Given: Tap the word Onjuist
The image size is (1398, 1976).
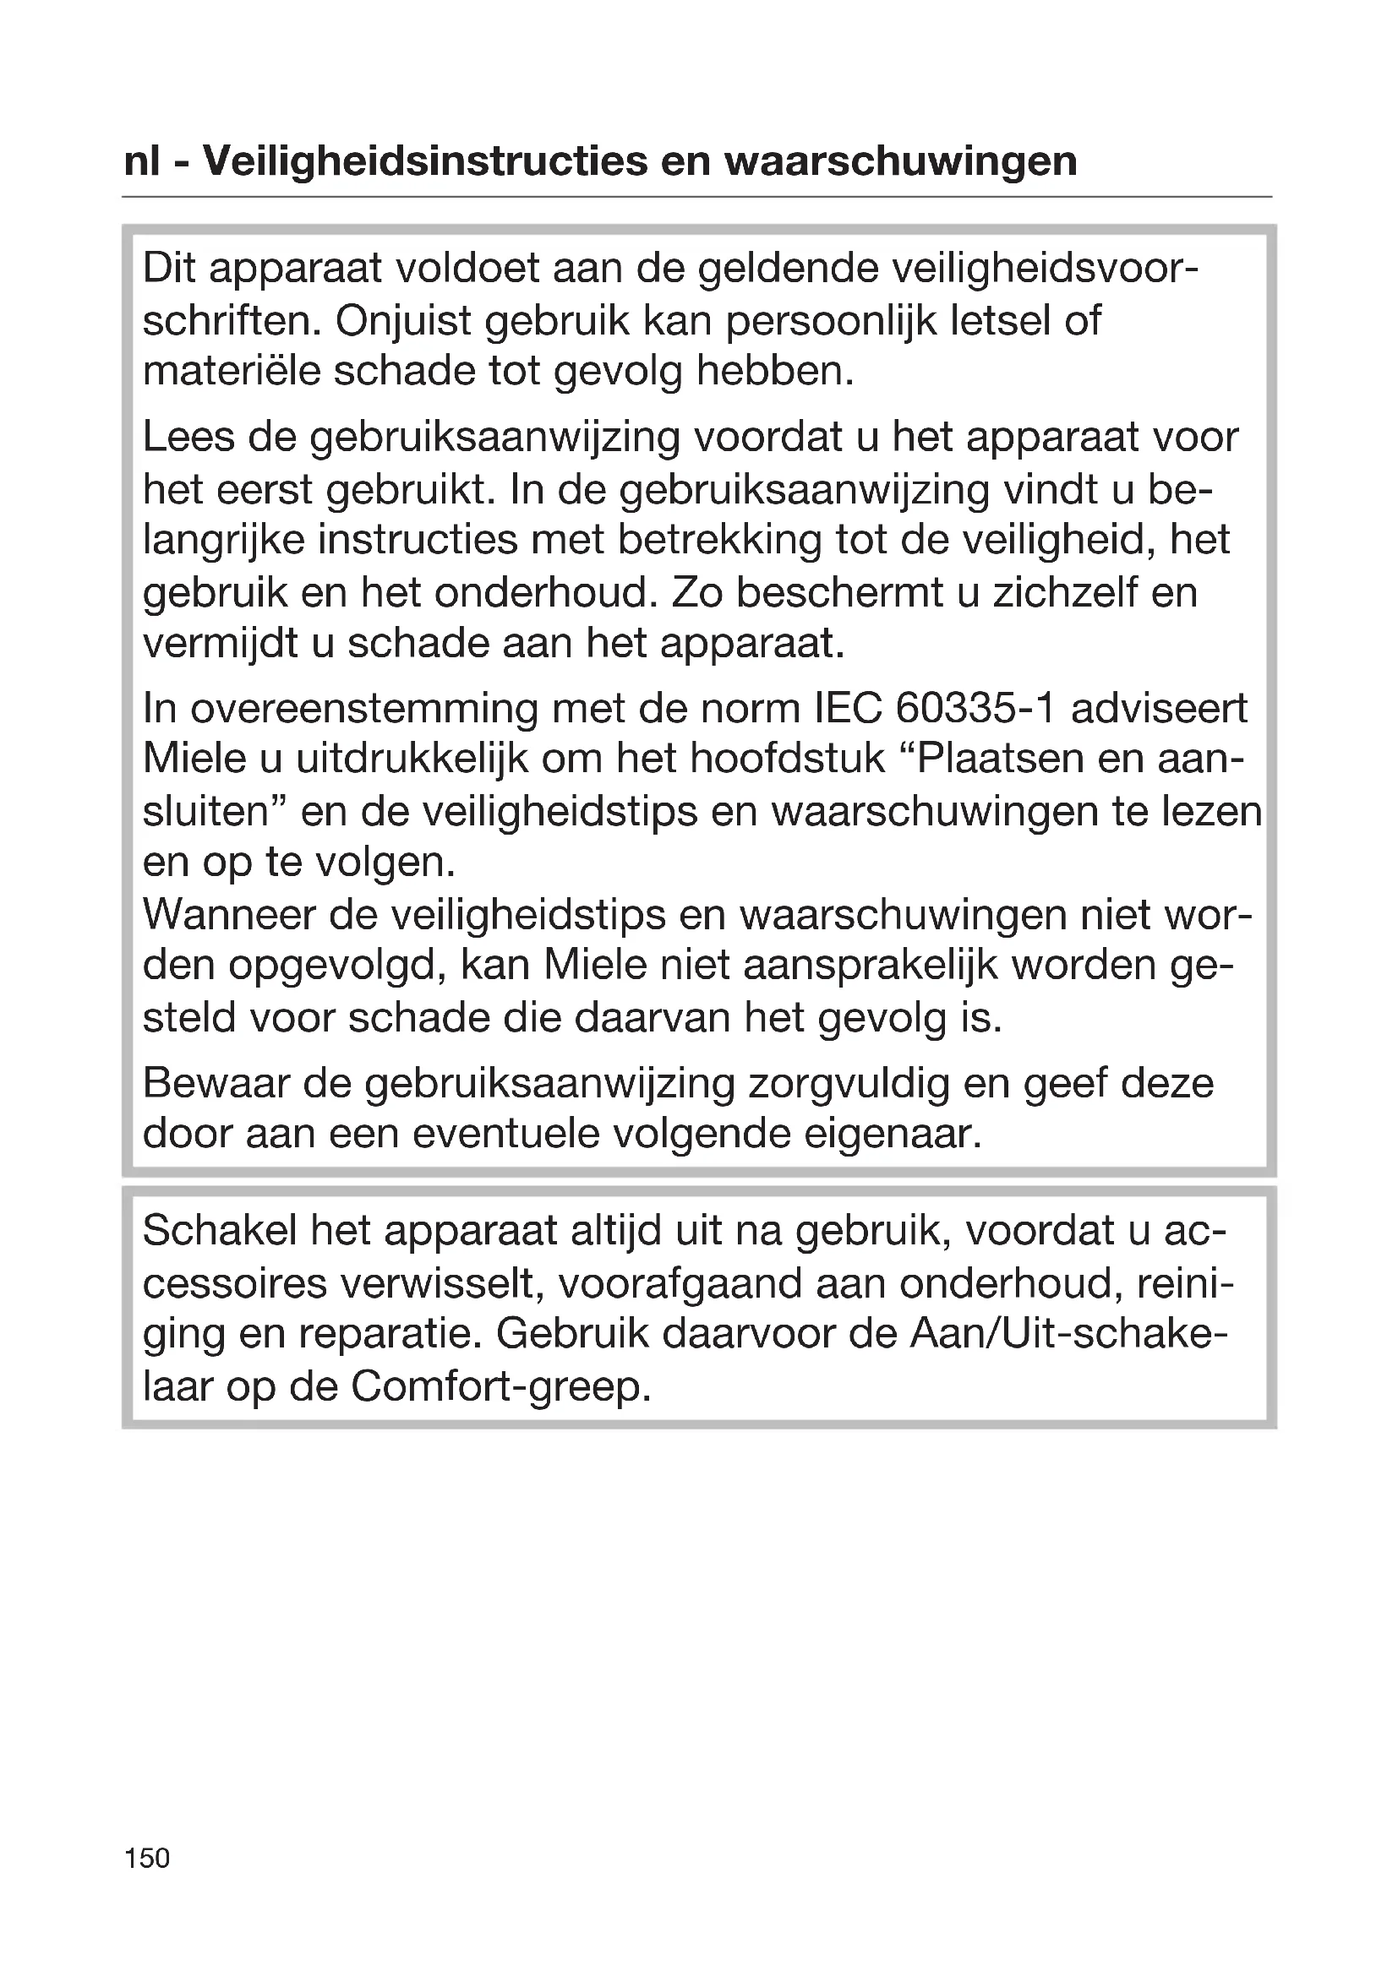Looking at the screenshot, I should (403, 321).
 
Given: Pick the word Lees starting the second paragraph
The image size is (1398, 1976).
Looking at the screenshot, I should (188, 438).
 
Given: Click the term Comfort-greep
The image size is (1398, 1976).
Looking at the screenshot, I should (500, 1385).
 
